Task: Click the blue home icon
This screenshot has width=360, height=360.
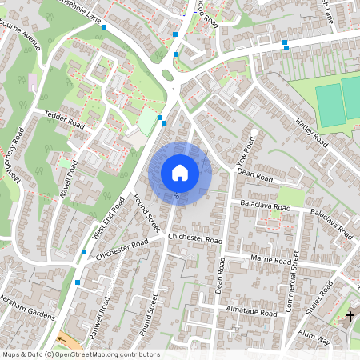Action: click(x=179, y=173)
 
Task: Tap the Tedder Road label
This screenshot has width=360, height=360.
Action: click(x=64, y=121)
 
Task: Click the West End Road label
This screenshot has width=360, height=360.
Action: click(x=108, y=218)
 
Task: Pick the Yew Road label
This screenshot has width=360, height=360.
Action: click(x=246, y=151)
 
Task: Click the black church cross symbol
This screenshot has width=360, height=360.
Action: click(x=350, y=317)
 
